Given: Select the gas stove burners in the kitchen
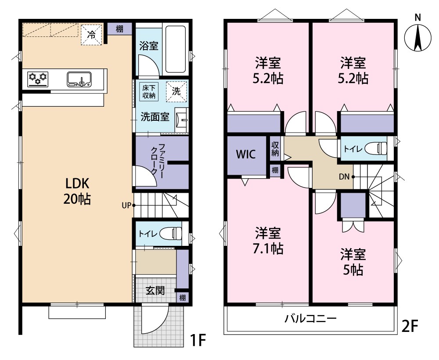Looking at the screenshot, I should click(x=37, y=79).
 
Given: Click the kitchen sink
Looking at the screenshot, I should click(x=80, y=79).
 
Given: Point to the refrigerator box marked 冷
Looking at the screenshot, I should click(x=91, y=35).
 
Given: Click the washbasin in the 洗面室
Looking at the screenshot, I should click(x=181, y=119).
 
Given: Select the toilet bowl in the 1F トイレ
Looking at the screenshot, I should click(x=171, y=234).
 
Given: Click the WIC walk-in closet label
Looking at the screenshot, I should click(x=246, y=155).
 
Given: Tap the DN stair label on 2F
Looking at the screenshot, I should click(x=344, y=177).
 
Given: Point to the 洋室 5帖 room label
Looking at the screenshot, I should click(x=353, y=262).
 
